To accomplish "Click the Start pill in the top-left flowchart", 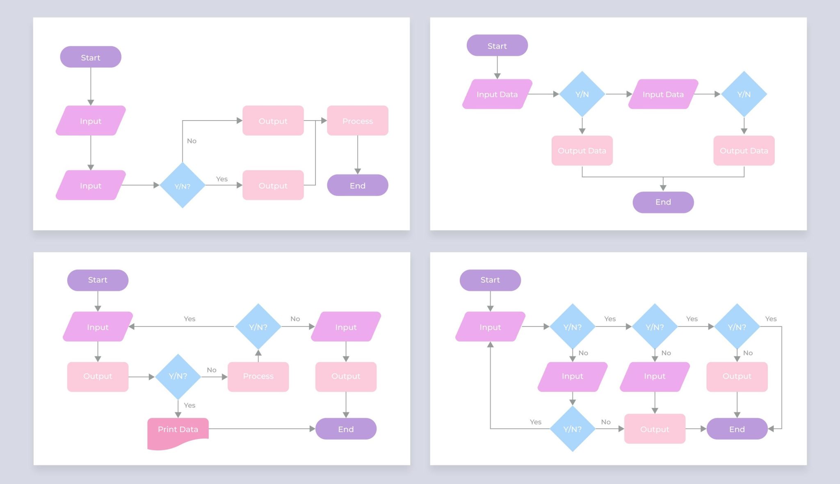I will (x=91, y=57).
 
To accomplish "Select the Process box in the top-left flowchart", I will (x=357, y=121).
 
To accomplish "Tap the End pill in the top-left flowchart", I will (x=357, y=185).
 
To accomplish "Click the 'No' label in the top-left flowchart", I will (x=192, y=141).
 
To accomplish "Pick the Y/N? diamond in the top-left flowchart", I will (x=182, y=185).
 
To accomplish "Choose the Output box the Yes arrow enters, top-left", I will (x=273, y=185).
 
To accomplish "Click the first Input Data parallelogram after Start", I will (x=497, y=94).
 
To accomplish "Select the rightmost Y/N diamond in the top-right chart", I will (x=744, y=94).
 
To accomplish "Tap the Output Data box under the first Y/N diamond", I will (x=582, y=151).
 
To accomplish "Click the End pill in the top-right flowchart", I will (x=663, y=202).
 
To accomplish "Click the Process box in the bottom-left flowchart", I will (x=258, y=376).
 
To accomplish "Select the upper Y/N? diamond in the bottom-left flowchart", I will (x=258, y=327).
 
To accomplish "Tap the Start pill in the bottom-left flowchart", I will (x=98, y=280).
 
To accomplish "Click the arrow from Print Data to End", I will (x=262, y=429).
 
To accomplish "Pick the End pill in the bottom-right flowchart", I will (x=737, y=429).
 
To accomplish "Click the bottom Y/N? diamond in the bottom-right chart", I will (x=572, y=429).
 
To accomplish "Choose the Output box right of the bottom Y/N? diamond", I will (x=654, y=429).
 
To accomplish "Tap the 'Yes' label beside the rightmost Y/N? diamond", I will (x=770, y=319).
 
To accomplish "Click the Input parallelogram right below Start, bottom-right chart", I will (x=490, y=327).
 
